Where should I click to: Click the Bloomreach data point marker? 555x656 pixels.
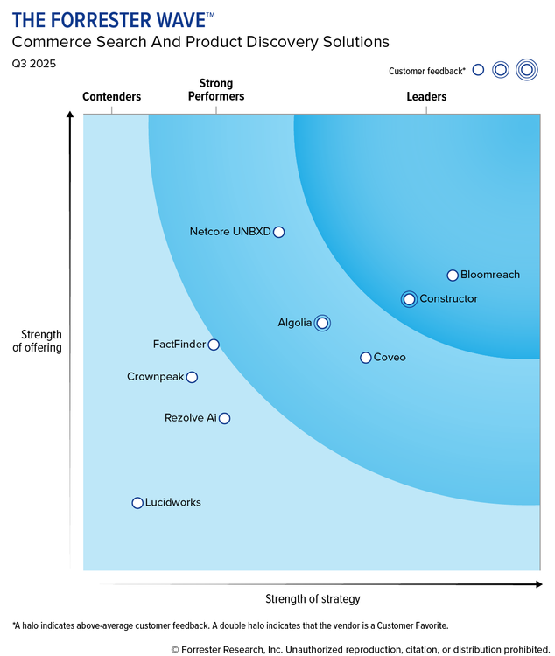click(453, 275)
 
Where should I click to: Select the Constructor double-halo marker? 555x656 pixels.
click(409, 299)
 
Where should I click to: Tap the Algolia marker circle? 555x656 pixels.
click(322, 324)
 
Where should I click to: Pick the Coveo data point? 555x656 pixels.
click(366, 357)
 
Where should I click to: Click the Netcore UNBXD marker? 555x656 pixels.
click(278, 232)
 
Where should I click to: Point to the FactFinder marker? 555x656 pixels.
click(214, 345)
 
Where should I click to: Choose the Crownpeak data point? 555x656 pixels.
click(192, 377)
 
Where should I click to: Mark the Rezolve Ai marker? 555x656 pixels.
click(224, 418)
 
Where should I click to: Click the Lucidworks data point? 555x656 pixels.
click(137, 503)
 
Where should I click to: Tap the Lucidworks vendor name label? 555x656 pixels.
click(172, 503)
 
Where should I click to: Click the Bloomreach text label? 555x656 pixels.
click(490, 275)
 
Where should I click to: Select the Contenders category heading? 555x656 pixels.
click(111, 97)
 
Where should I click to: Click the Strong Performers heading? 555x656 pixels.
click(216, 90)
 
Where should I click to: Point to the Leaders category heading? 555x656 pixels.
click(426, 97)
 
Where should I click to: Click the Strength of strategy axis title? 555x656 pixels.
click(313, 599)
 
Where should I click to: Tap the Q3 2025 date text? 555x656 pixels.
click(32, 64)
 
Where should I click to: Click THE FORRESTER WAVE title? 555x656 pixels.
click(113, 19)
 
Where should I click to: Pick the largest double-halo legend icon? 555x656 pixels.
click(526, 70)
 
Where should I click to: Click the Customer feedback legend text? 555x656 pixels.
click(427, 71)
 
